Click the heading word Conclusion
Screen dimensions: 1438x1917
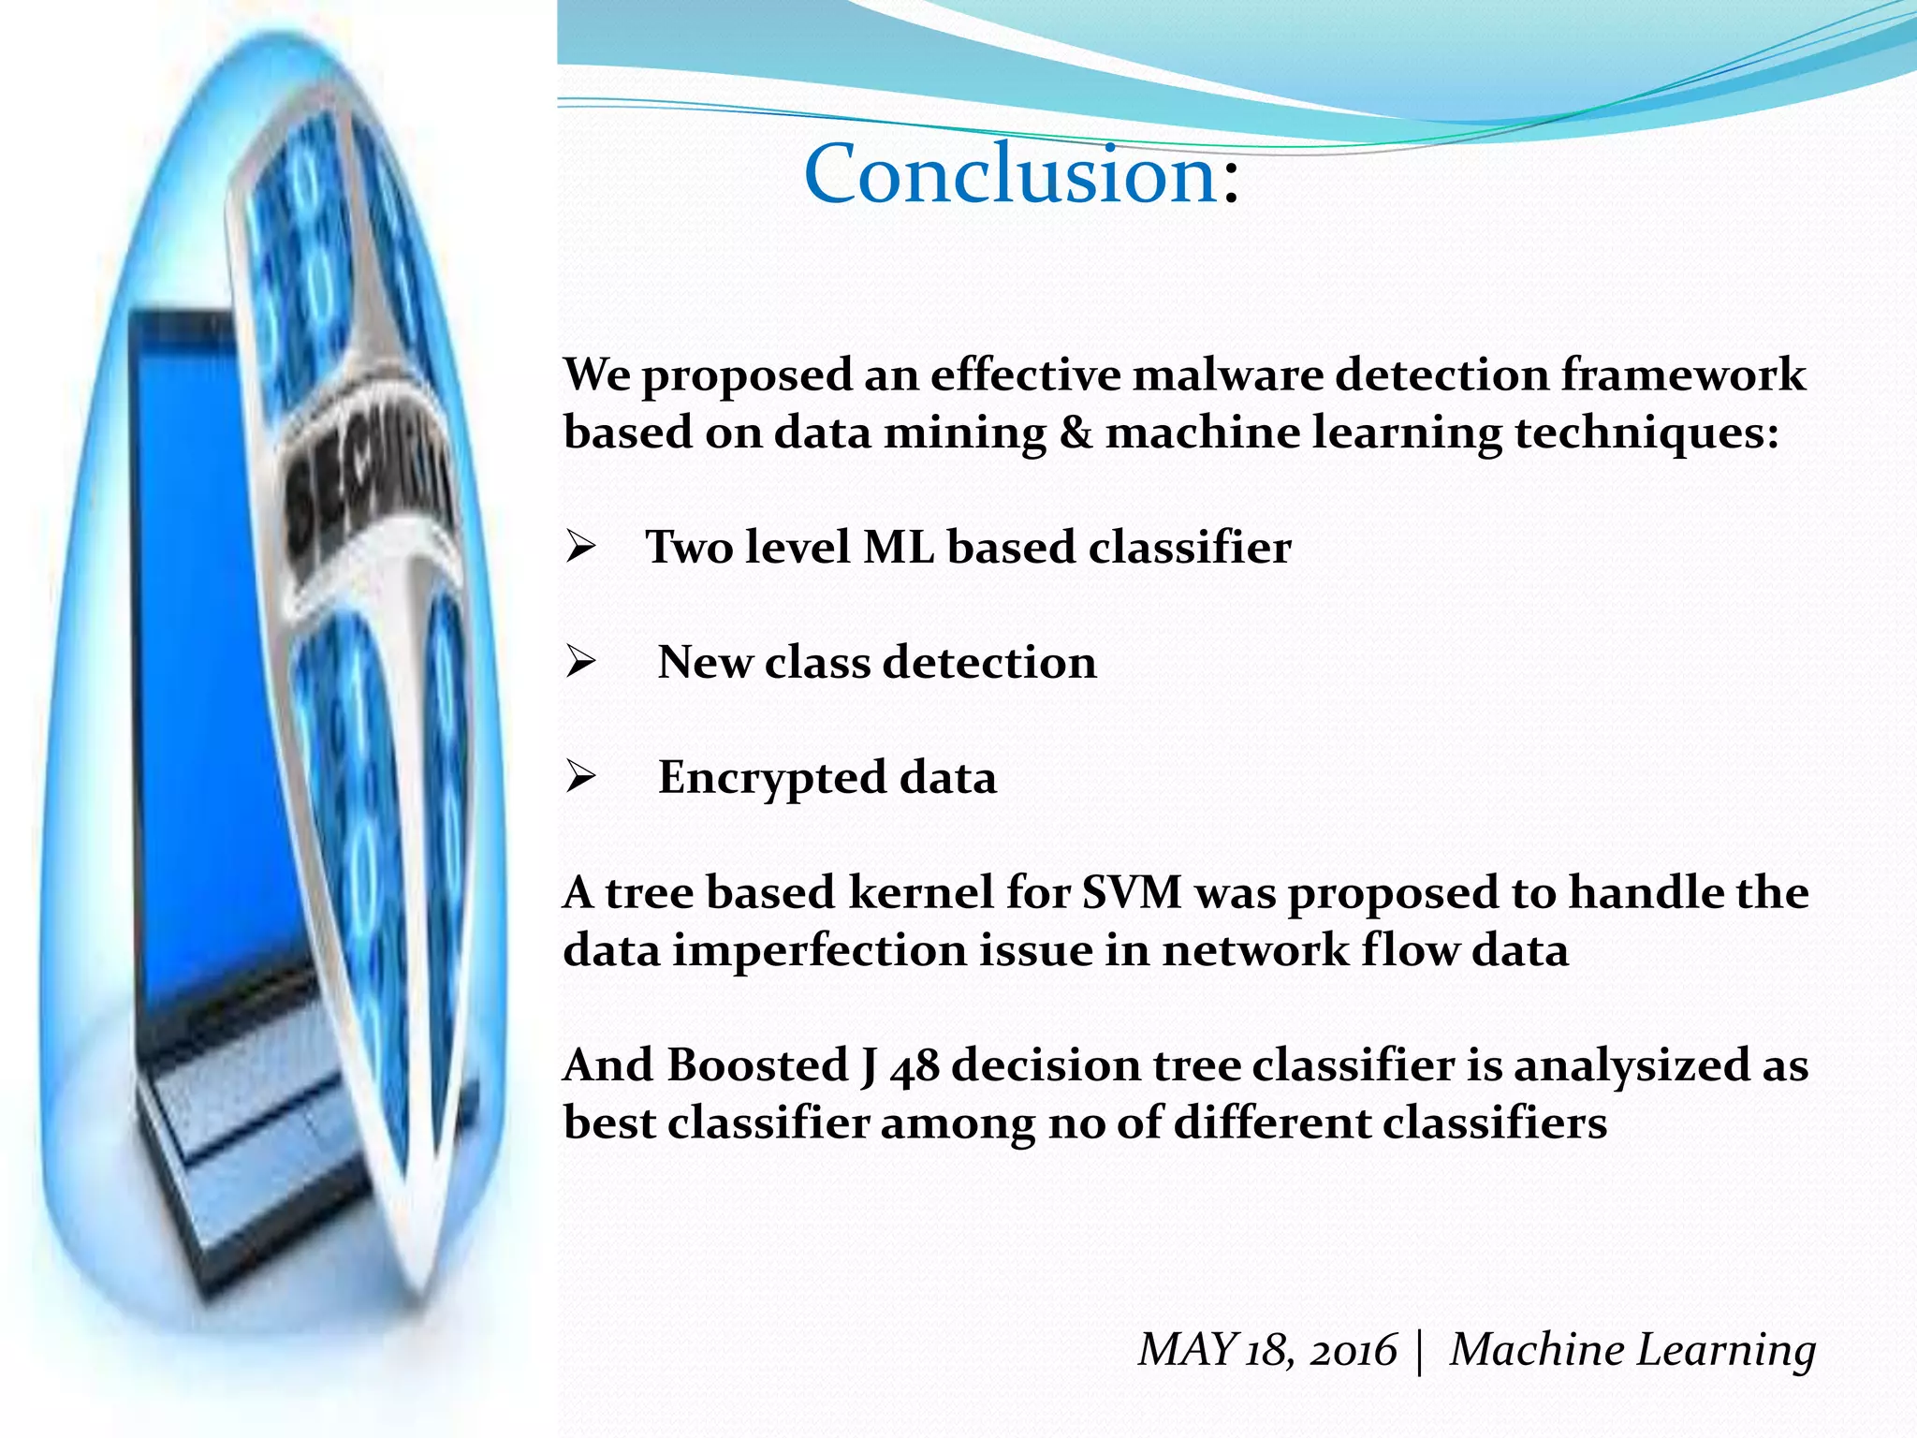(x=1011, y=175)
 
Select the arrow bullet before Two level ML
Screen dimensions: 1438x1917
(x=580, y=548)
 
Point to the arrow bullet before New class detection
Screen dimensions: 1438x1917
(x=580, y=663)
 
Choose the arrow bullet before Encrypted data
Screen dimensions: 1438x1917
(x=580, y=778)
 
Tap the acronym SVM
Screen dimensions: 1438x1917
(x=1132, y=893)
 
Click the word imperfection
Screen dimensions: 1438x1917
(x=819, y=951)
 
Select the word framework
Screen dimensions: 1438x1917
(x=1682, y=375)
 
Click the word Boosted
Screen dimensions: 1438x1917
(x=757, y=1066)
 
